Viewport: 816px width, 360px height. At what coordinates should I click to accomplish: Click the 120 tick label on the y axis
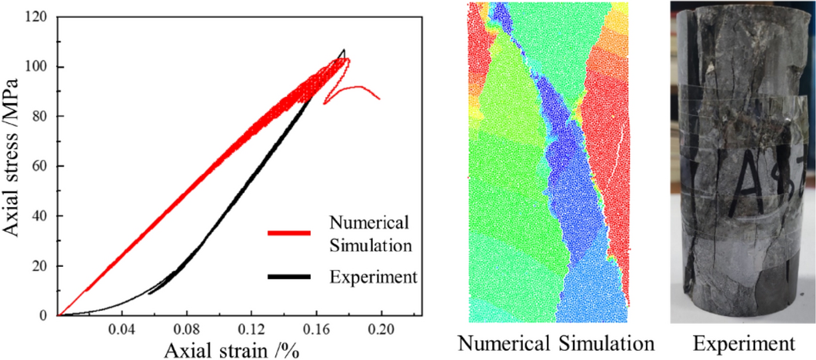coord(36,17)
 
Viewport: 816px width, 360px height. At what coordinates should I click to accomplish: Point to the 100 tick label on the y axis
coord(36,67)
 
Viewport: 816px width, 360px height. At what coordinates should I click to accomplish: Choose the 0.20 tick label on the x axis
coord(381,330)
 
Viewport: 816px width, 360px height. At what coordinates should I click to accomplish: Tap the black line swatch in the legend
coord(288,275)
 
